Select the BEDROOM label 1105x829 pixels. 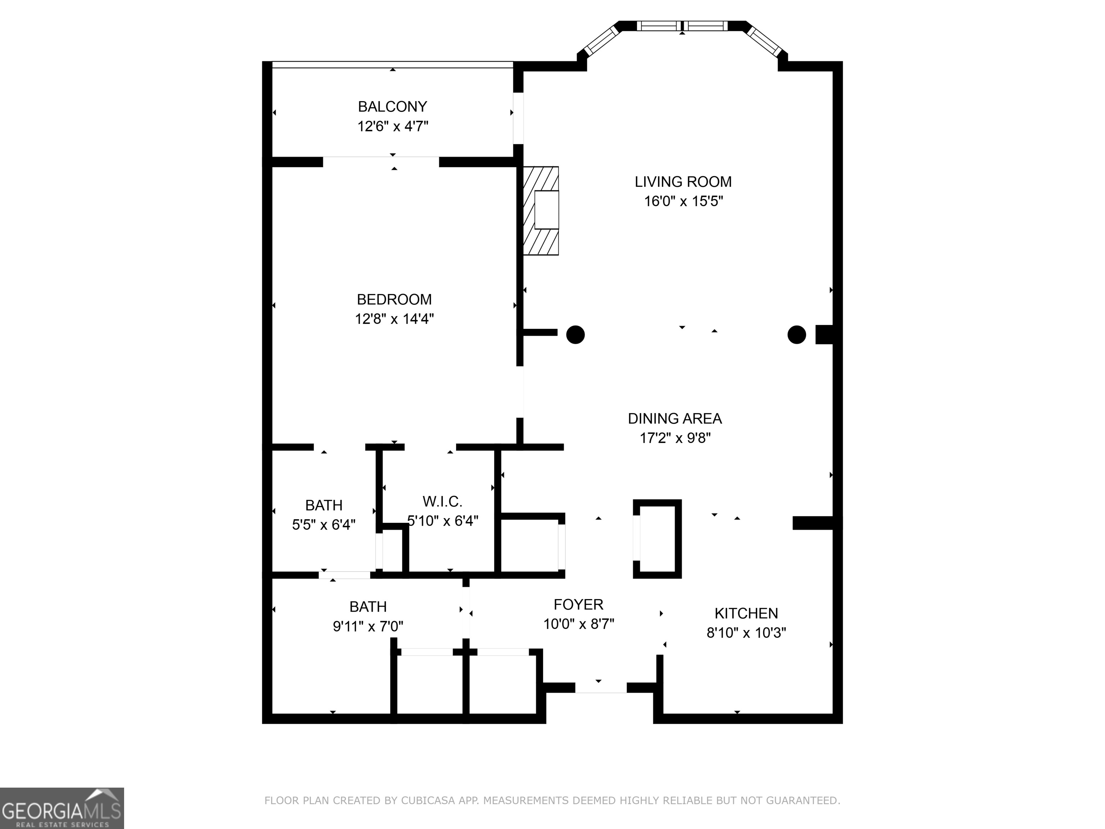394,299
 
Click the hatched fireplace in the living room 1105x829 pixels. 541,210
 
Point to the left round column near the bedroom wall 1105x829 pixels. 576,334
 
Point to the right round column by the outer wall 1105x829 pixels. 796,334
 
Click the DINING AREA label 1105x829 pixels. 675,418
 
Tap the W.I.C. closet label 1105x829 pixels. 442,501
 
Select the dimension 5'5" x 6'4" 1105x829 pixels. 324,525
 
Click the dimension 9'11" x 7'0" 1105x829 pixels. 368,626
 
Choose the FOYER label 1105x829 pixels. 578,604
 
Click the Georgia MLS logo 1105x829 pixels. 62,808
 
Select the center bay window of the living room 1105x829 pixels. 682,26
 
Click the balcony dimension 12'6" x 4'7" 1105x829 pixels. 393,126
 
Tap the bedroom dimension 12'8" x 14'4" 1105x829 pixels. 394,319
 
